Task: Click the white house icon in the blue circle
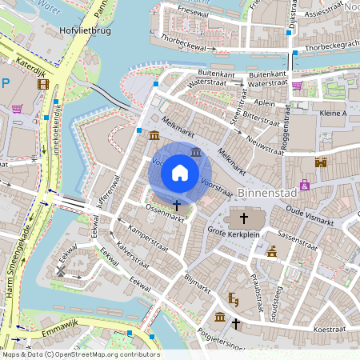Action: (180, 172)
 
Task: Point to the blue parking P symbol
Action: (5, 82)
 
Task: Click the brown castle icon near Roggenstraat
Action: (322, 162)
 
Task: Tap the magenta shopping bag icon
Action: (305, 185)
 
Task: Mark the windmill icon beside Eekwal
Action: (61, 271)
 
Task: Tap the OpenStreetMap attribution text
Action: (80, 354)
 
